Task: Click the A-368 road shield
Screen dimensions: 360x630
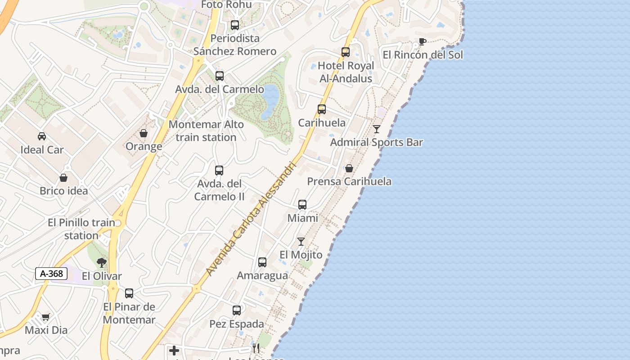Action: coord(51,274)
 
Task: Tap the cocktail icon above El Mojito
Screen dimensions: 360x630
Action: coord(301,242)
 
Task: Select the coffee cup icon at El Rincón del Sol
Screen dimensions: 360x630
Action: coord(422,42)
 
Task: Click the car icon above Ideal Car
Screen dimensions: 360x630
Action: coord(42,136)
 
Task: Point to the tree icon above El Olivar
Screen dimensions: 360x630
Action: coord(102,262)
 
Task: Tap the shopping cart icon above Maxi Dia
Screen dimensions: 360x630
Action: coord(45,317)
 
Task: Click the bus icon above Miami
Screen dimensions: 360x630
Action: coord(302,205)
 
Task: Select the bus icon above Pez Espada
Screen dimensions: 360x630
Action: coord(237,310)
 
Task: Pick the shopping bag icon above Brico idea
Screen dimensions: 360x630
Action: coord(63,178)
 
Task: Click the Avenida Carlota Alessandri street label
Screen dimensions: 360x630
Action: coord(251,219)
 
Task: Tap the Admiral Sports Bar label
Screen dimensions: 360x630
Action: coord(377,143)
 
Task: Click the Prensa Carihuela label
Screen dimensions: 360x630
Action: coord(349,182)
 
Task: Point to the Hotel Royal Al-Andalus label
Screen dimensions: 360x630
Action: coord(346,72)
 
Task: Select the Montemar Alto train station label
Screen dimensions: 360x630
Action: coord(206,131)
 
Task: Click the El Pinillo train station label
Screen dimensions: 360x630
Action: coord(81,229)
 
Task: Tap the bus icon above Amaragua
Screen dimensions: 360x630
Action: coord(262,262)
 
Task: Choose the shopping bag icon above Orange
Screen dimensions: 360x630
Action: coord(144,134)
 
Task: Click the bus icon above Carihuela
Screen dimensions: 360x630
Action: coord(322,109)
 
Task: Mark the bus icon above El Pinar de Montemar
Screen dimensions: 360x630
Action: coord(129,293)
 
